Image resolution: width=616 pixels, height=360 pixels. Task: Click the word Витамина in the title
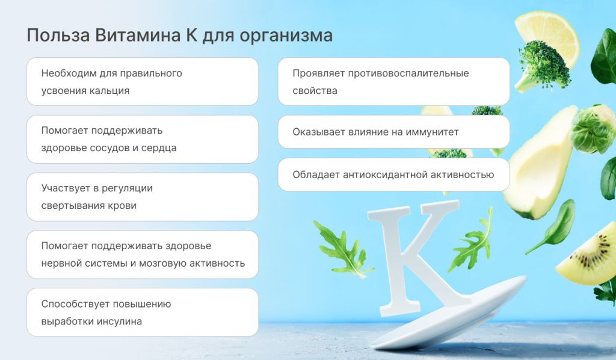click(135, 36)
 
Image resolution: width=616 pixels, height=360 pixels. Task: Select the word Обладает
click(315, 175)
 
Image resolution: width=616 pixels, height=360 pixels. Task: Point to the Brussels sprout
click(592, 129)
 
